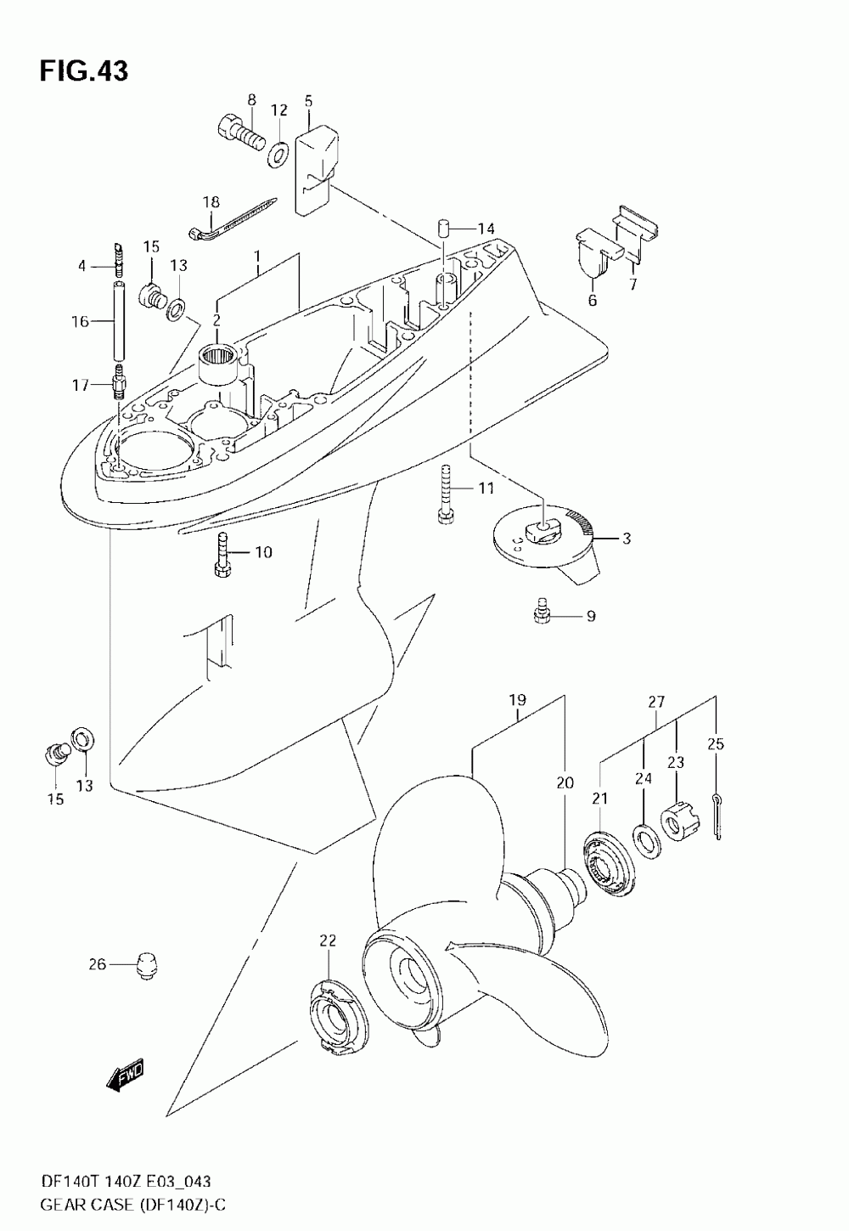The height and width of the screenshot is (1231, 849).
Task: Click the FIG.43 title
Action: [83, 71]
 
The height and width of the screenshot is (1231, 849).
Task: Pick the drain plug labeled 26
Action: [148, 964]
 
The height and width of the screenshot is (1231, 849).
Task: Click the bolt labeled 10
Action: [222, 555]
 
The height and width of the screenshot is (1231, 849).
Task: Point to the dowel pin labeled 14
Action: [443, 229]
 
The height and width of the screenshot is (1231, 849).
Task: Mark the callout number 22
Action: [328, 940]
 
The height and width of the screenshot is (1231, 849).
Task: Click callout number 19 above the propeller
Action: [518, 701]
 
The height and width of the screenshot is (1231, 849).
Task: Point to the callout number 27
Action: [656, 703]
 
